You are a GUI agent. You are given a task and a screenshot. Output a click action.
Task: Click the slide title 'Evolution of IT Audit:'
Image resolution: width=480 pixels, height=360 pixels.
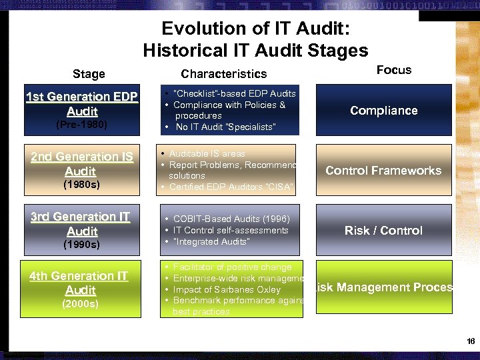tap(255, 29)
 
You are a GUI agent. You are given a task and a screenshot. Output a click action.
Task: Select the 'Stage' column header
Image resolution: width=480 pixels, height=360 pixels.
tap(89, 74)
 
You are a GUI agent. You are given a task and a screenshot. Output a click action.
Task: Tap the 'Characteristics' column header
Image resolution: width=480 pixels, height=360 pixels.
tap(223, 74)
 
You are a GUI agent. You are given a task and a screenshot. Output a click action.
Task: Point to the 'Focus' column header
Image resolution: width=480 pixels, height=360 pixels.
tap(393, 70)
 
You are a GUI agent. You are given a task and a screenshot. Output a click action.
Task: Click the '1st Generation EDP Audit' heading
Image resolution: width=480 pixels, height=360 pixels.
tap(81, 104)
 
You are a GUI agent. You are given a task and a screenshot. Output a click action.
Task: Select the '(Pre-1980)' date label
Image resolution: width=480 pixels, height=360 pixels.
tap(81, 125)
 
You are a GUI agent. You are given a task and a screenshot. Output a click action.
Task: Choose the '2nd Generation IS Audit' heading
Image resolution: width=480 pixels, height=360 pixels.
tap(81, 164)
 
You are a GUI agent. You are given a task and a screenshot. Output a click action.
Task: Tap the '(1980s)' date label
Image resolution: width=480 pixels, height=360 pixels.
tap(81, 185)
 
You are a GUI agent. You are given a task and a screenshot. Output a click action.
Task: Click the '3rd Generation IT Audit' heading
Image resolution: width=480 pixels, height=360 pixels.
tap(81, 224)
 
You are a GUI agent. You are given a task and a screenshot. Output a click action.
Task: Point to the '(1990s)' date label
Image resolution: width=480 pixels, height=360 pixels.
tap(81, 245)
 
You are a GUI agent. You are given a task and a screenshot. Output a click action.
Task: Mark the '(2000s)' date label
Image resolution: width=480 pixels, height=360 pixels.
tap(80, 304)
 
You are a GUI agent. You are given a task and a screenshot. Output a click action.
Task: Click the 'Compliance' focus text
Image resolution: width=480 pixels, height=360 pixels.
tap(383, 111)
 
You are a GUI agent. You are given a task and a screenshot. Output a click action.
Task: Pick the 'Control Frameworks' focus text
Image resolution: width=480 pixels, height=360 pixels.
tap(383, 171)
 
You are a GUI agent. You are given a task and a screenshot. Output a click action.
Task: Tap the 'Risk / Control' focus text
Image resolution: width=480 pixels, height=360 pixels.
tap(383, 231)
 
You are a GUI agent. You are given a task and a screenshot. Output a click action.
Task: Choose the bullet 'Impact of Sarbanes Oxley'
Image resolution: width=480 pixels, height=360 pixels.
tap(227, 290)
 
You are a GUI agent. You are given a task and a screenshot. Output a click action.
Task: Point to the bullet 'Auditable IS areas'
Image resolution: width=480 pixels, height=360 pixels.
tap(207, 154)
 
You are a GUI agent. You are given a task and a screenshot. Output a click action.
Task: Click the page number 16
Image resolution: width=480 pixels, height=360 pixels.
tap(471, 341)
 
